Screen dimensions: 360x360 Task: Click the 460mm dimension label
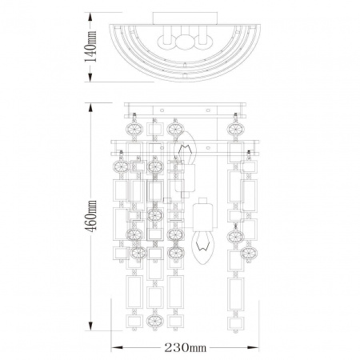click(90, 216)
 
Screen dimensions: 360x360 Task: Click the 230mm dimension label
click(185, 348)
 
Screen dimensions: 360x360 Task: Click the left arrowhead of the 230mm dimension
click(117, 347)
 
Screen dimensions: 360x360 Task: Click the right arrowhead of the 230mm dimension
click(253, 347)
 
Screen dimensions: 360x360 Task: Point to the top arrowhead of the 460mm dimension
click(90, 108)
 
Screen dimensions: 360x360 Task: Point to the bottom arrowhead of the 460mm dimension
click(90, 325)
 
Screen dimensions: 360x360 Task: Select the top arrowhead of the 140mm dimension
click(90, 18)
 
